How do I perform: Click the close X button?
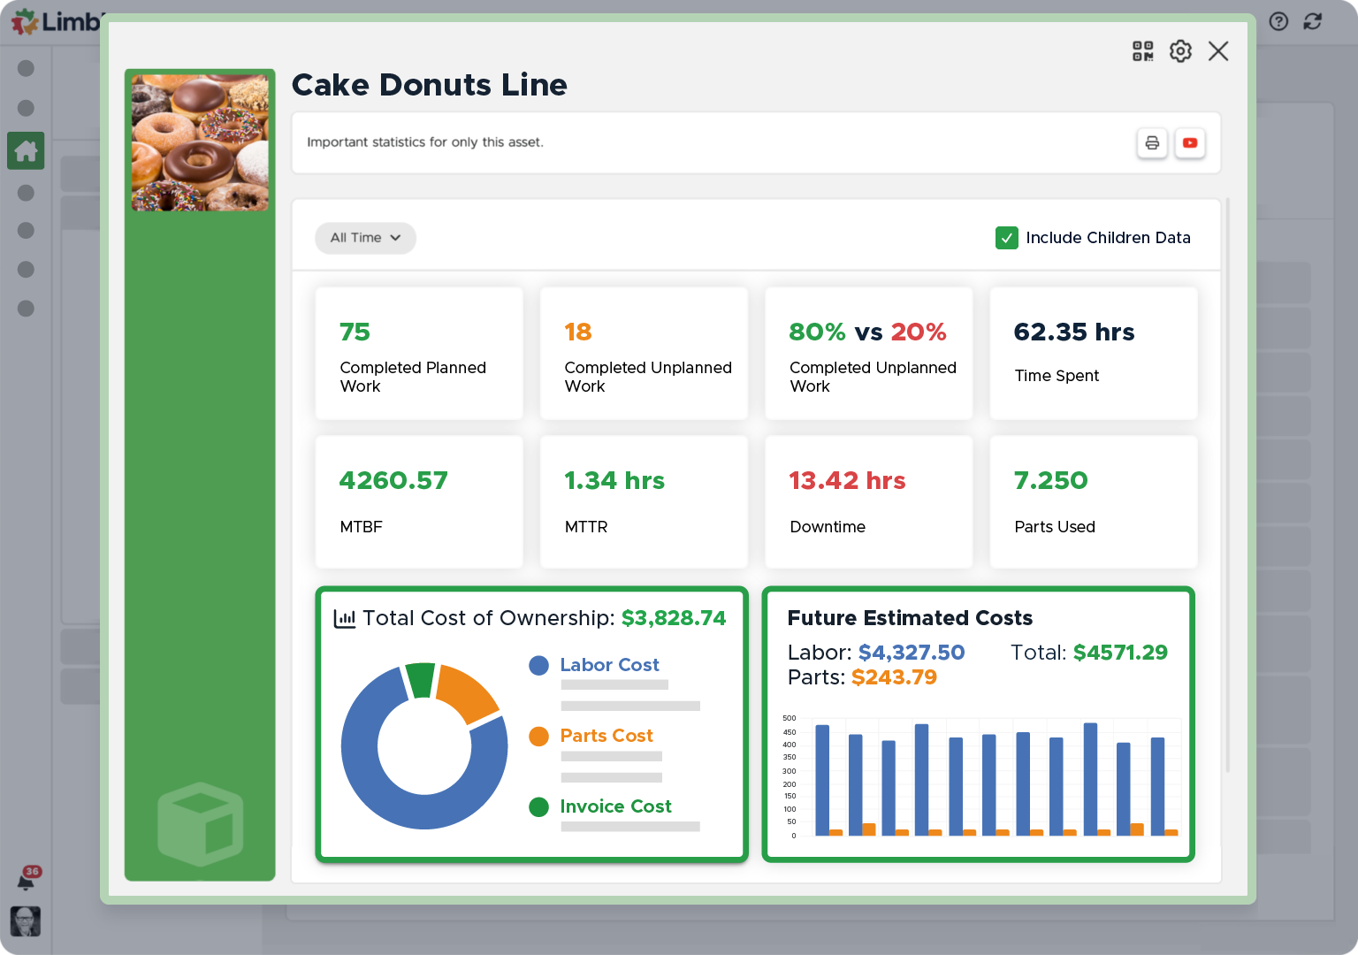coord(1218,51)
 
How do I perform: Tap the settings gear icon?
coord(1180,51)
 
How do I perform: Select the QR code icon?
coord(1143,51)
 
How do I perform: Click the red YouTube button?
coord(1190,143)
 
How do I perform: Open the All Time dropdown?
coord(365,238)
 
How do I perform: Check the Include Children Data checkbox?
coord(1006,238)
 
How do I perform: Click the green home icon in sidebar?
coord(26,151)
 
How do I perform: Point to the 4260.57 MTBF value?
coord(393,480)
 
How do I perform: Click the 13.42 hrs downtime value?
coord(847,480)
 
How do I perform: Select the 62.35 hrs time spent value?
coord(1073,332)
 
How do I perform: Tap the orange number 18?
coord(577,332)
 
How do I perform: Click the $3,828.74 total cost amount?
coord(674,618)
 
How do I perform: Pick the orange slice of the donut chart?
coord(466,691)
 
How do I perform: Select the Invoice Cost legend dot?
coord(538,806)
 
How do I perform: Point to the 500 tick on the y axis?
coord(790,718)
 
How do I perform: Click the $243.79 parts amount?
coord(894,677)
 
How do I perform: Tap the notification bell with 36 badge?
coord(27,880)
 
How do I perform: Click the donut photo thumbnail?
coord(200,142)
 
